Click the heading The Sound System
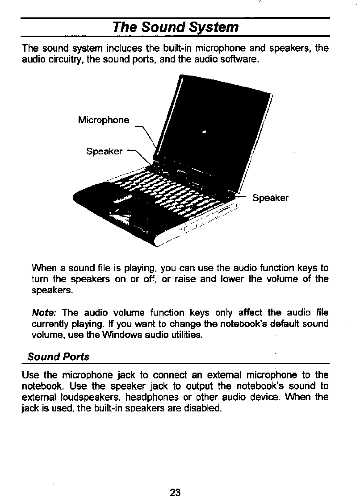click(x=176, y=28)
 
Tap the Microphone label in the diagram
click(x=104, y=120)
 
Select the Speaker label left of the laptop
click(x=104, y=151)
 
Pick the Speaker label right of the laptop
click(x=270, y=198)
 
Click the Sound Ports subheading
click(x=58, y=357)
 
